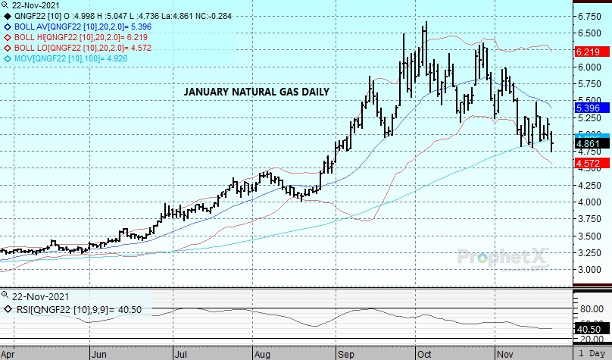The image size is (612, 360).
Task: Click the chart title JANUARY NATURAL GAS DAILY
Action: (x=257, y=92)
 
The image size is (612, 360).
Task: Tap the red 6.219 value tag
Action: (x=588, y=52)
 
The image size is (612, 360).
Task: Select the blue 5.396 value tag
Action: (x=588, y=108)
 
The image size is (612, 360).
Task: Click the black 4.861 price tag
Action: (x=588, y=143)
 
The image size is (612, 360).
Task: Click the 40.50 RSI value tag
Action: (x=588, y=330)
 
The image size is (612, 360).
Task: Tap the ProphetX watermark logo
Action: (x=500, y=257)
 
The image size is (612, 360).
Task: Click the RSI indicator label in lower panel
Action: (x=72, y=309)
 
